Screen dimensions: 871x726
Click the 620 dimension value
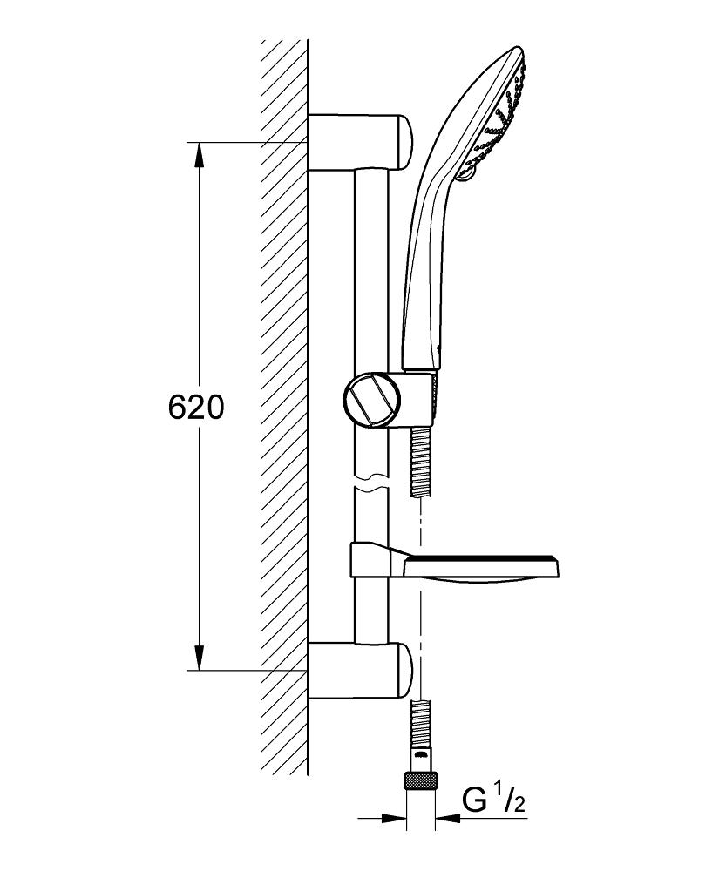(x=195, y=408)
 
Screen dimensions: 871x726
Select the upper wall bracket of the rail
(x=359, y=141)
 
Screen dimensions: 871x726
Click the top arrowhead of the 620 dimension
(x=200, y=155)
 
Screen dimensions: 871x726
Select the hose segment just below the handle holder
(x=421, y=462)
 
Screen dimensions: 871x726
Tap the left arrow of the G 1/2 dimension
(x=397, y=818)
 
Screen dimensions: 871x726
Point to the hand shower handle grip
(x=427, y=261)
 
